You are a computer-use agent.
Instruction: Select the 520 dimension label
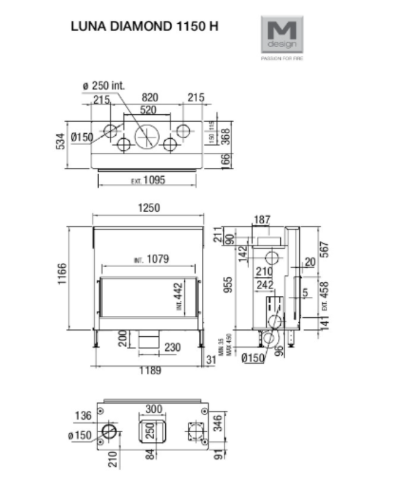(148, 110)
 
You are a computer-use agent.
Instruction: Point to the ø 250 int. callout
(103, 86)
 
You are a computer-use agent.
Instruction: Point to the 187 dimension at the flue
(262, 220)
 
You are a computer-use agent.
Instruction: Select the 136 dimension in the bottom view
(84, 416)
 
